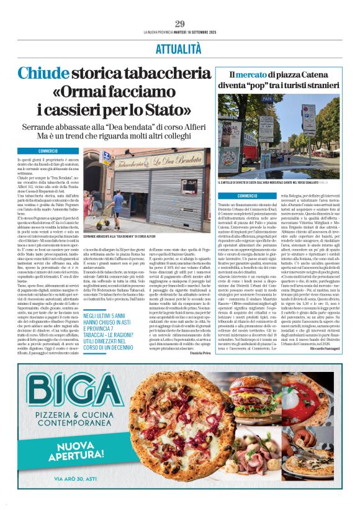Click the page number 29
[x=180, y=24]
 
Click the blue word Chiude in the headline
[x=41, y=73]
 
